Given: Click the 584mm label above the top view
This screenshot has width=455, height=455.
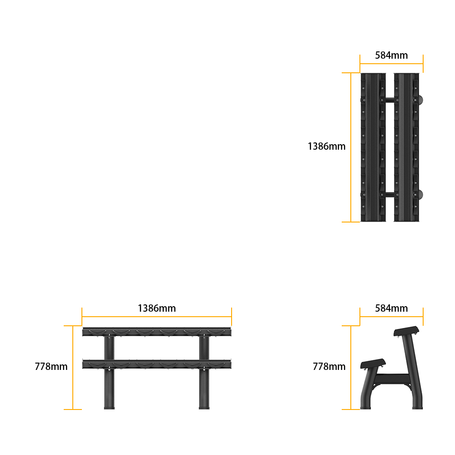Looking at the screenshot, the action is (391, 55).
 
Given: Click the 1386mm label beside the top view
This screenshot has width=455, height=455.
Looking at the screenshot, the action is (326, 146).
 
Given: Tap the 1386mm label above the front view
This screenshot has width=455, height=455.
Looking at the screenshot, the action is (157, 308).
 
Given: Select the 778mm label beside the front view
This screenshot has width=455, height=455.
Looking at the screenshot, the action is (51, 366).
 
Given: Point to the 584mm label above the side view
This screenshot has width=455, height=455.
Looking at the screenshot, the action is (391, 308).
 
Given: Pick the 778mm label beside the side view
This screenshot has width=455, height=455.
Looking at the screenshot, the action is (329, 366).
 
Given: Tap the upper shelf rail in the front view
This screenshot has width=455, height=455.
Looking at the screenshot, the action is (157, 332).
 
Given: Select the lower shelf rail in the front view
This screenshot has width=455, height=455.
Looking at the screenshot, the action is (157, 364).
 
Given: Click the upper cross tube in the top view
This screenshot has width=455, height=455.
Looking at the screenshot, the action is (390, 100).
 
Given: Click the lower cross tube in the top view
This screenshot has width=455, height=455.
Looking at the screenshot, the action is (390, 195).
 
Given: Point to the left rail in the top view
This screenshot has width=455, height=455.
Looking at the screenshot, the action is (373, 147).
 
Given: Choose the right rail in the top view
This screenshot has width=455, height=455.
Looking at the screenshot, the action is (406, 147).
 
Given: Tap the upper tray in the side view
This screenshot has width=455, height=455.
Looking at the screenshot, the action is (406, 331).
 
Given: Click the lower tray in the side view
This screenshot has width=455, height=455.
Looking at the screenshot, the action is (373, 364).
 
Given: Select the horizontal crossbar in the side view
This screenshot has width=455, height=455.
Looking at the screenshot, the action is (391, 379).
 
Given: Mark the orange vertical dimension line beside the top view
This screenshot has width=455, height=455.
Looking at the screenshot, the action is (351, 147).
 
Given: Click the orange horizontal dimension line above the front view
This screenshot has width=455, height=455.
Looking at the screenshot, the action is (157, 317).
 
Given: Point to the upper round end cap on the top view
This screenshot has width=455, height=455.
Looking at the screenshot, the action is (421, 100).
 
